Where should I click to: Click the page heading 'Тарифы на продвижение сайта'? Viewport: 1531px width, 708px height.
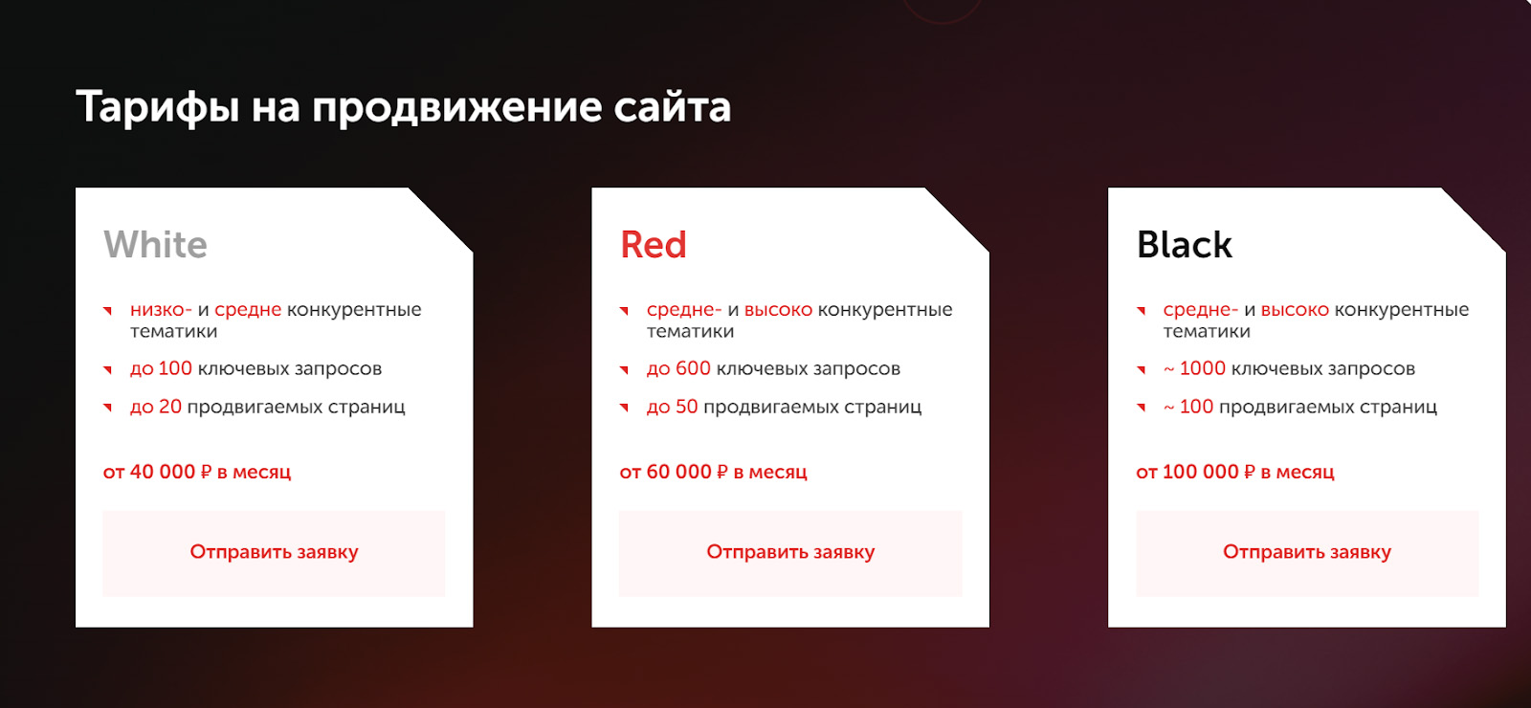tap(403, 107)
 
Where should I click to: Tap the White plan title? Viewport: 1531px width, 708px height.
tap(155, 245)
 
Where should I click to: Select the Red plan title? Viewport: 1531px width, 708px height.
tap(653, 245)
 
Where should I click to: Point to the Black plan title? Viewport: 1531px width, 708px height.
tap(1184, 245)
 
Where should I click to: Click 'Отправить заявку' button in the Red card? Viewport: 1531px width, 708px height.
tap(790, 553)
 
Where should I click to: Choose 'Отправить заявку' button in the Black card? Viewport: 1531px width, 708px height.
tap(1307, 553)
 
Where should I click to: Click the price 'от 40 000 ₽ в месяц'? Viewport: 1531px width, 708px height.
tap(197, 472)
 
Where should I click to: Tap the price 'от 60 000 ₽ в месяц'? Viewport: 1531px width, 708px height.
tap(713, 472)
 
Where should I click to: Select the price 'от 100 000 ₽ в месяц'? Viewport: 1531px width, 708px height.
tap(1234, 472)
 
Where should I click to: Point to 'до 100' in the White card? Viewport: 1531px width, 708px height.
tap(161, 368)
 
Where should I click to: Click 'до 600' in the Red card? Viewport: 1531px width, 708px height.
tap(678, 368)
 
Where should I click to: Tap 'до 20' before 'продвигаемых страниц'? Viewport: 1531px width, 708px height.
tap(156, 407)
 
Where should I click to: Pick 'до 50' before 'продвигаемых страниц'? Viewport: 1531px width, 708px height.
tap(672, 407)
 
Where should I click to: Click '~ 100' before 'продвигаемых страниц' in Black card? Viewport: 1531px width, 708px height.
tap(1187, 407)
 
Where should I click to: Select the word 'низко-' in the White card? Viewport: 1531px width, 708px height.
tap(161, 310)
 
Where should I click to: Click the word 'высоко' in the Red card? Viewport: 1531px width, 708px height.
tap(778, 310)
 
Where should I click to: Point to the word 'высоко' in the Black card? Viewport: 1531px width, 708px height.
tap(1295, 310)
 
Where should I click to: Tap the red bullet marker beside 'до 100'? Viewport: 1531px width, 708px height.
tap(107, 369)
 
